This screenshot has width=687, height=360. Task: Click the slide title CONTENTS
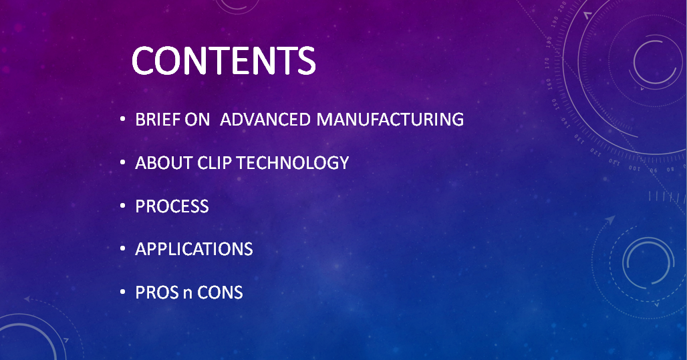click(x=223, y=60)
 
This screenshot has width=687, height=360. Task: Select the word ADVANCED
click(x=265, y=120)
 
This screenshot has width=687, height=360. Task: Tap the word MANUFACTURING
click(x=390, y=120)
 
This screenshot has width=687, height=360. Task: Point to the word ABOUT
click(x=164, y=163)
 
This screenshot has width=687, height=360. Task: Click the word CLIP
click(x=215, y=163)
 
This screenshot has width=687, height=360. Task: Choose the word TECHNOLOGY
click(x=293, y=163)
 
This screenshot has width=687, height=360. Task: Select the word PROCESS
click(x=172, y=206)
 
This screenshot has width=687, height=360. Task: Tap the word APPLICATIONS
click(x=194, y=249)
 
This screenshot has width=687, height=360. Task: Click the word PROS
click(x=157, y=293)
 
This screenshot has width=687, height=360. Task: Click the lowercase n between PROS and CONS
click(x=188, y=294)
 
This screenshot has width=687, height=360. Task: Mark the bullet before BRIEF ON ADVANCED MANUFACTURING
click(x=123, y=119)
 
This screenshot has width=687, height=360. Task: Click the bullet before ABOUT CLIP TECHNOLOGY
click(x=123, y=162)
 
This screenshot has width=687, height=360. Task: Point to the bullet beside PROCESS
click(x=123, y=206)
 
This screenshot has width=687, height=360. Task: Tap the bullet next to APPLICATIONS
click(x=123, y=248)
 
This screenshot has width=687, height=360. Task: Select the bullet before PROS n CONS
click(x=123, y=292)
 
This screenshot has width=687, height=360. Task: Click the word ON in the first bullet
click(x=197, y=120)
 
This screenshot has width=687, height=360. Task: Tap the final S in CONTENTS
click(x=306, y=60)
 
